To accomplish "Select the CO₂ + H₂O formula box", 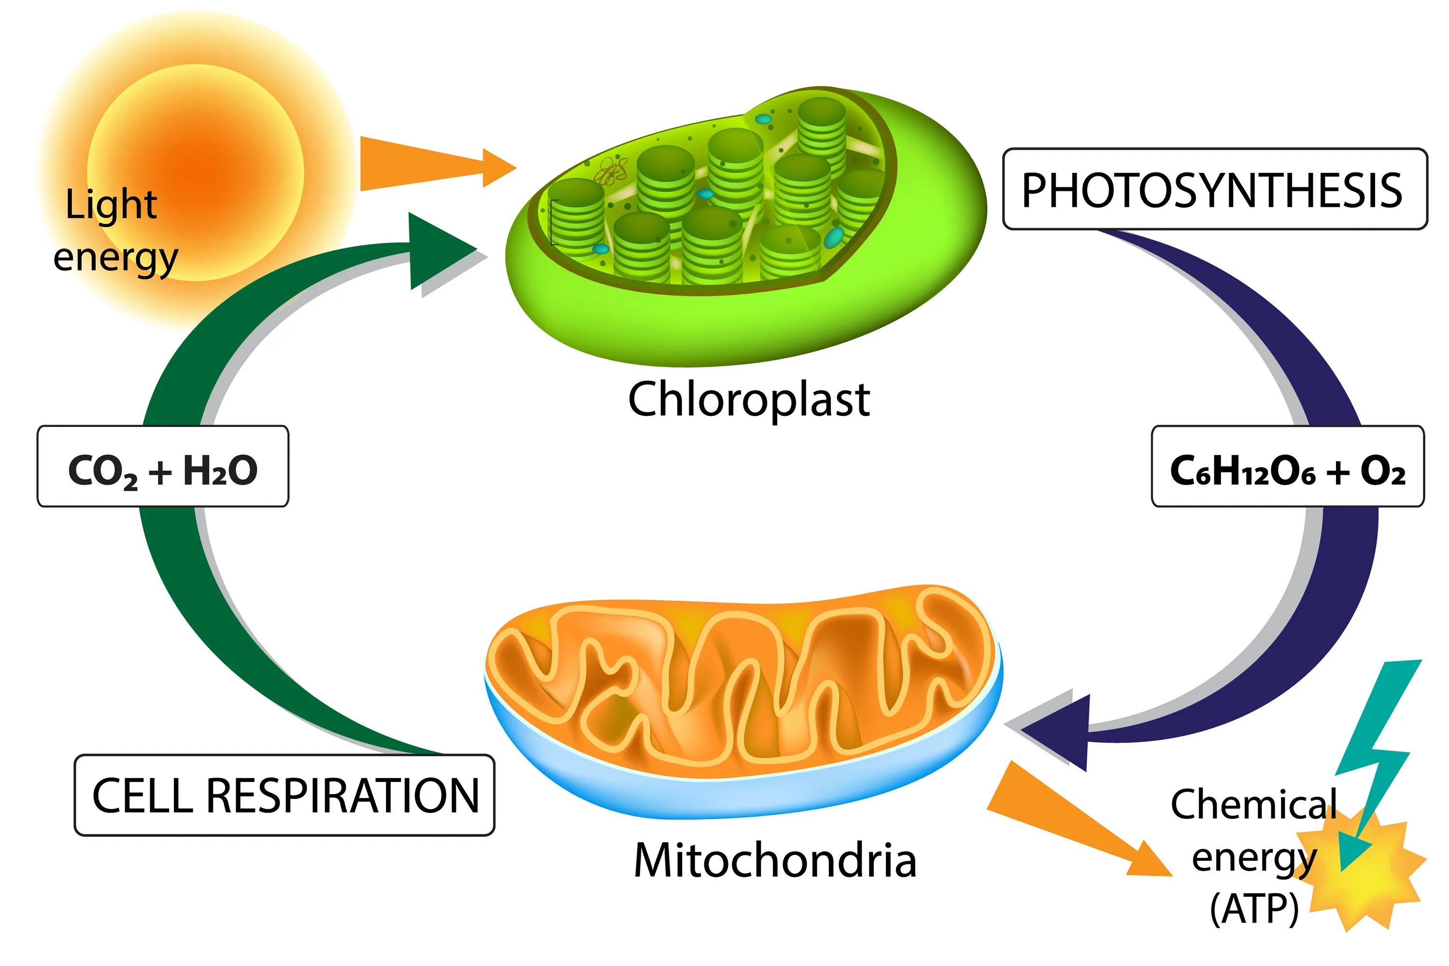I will pyautogui.click(x=163, y=467).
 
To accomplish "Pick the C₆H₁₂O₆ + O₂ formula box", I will pyautogui.click(x=1288, y=467).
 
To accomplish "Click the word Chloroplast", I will pyautogui.click(x=749, y=399).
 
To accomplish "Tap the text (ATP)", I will pyautogui.click(x=1254, y=909).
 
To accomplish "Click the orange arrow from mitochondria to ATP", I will pyautogui.click(x=1072, y=823).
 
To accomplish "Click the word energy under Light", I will pyautogui.click(x=115, y=257).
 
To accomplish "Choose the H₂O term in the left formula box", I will pyautogui.click(x=220, y=471).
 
